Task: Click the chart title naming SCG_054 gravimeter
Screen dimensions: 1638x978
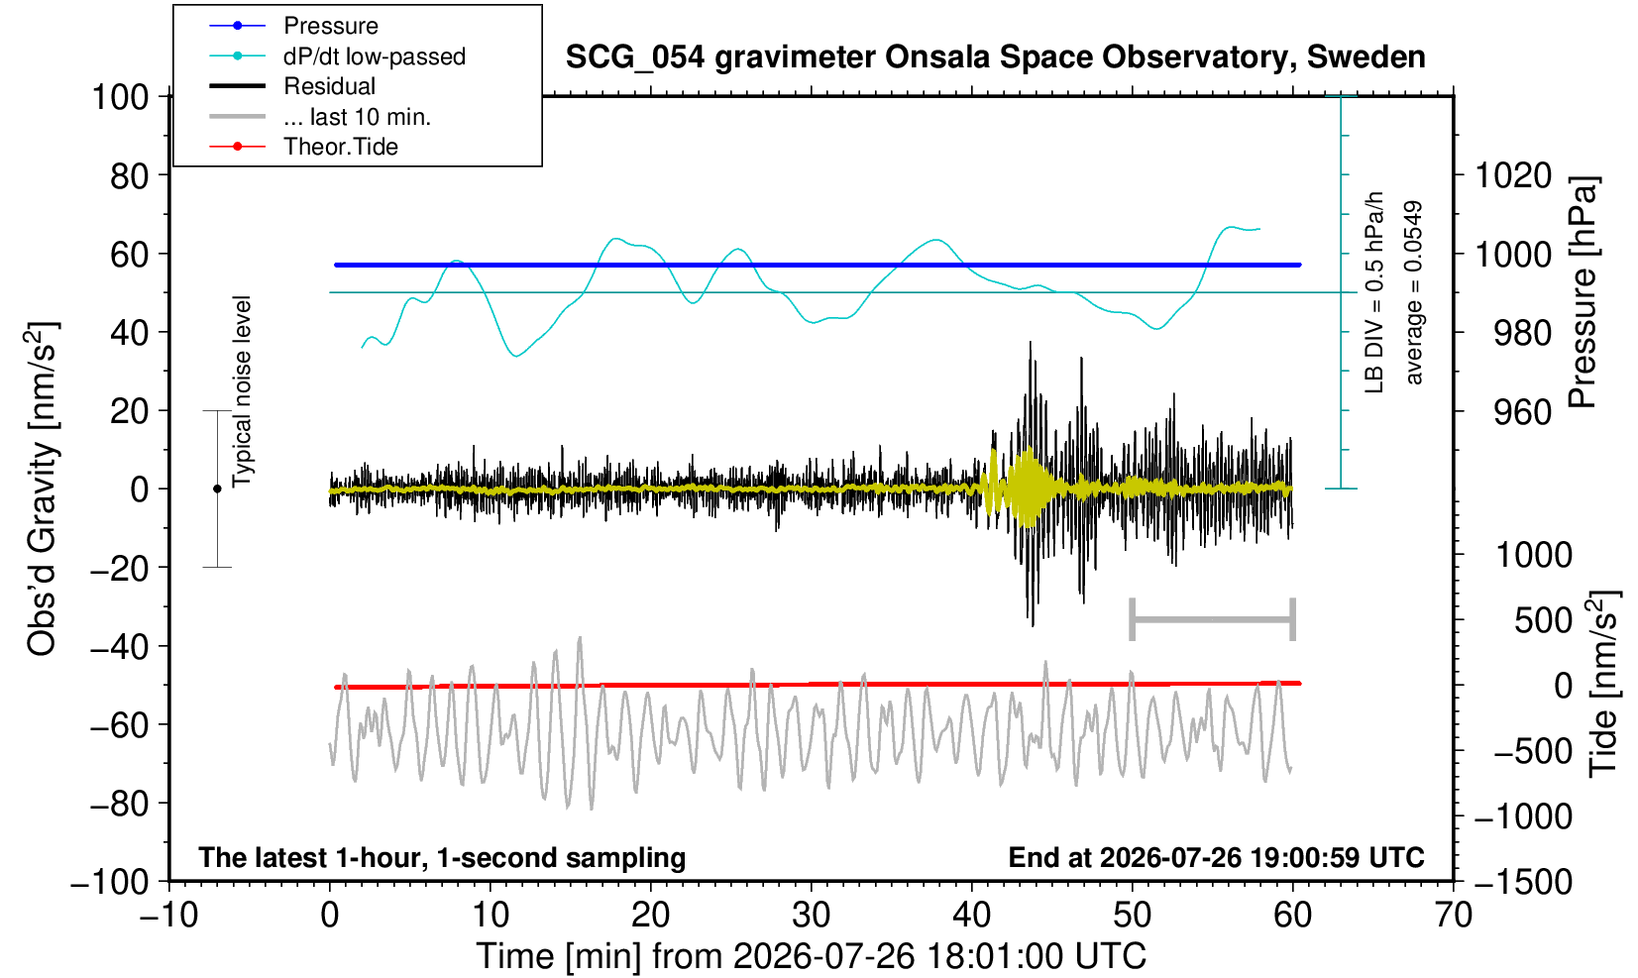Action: tap(995, 57)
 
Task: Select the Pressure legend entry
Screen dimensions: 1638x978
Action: tap(294, 26)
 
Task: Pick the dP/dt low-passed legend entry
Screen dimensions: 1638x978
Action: tap(337, 56)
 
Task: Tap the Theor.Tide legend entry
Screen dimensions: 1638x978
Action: tap(303, 147)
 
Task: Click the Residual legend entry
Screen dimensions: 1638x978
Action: tap(292, 86)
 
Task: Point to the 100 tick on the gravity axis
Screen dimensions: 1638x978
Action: tap(120, 97)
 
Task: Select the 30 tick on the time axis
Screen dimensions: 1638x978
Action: tap(811, 916)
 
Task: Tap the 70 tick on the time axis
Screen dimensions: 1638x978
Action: tap(1453, 916)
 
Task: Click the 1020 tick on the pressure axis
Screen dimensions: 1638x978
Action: tap(1513, 175)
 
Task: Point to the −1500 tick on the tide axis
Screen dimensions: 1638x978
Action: tap(1522, 882)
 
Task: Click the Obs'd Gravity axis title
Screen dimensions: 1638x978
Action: tap(42, 488)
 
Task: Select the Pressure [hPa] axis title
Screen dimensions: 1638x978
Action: tap(1582, 291)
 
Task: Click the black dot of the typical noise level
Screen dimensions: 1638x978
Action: tap(217, 489)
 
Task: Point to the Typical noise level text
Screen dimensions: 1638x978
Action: tap(242, 392)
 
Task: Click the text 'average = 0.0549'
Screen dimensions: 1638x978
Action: tap(1413, 292)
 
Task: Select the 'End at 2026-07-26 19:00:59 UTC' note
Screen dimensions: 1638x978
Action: tap(1216, 857)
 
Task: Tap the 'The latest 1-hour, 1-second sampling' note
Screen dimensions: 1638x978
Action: tap(442, 858)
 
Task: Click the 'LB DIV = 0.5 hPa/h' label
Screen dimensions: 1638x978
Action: tap(1374, 292)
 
